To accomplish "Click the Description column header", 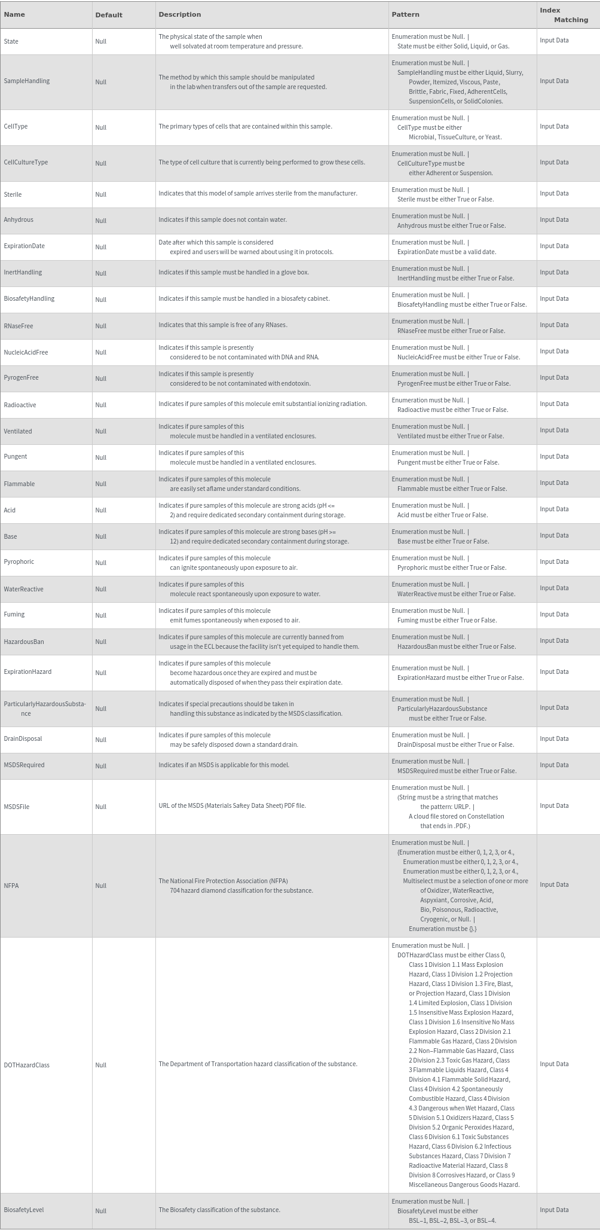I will [179, 14].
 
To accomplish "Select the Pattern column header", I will [405, 14].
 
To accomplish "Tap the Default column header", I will [109, 15].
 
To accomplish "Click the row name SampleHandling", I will [27, 81].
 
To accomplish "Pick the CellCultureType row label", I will [26, 163].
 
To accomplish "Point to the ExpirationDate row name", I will [24, 246].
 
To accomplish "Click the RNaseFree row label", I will [19, 325].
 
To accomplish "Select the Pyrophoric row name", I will [19, 562].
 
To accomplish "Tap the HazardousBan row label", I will [24, 642].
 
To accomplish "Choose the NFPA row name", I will [11, 886].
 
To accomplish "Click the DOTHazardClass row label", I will [26, 1065].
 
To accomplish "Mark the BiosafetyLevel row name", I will [24, 1210].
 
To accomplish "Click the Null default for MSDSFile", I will [100, 807].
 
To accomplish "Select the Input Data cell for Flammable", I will [554, 483].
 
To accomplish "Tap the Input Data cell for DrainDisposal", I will [554, 739].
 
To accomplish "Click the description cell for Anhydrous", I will [222, 220].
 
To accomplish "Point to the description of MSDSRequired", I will [224, 765].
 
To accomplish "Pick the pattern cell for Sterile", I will [443, 194].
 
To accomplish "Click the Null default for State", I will [100, 41].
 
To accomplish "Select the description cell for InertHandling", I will [234, 273].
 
